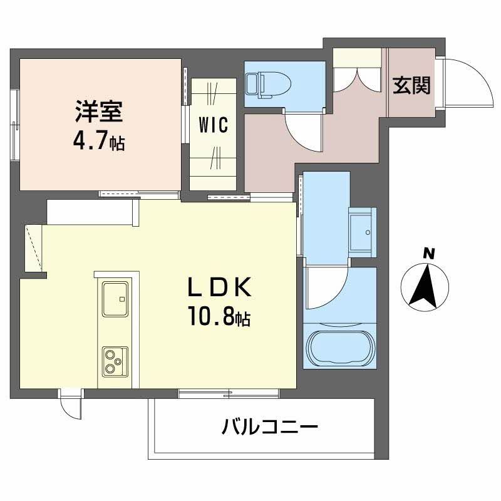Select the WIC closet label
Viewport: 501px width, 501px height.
pyautogui.click(x=213, y=124)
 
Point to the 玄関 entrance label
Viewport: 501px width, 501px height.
pyautogui.click(x=411, y=85)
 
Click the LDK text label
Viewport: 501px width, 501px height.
pyautogui.click(x=220, y=287)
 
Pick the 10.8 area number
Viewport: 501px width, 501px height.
pyautogui.click(x=212, y=319)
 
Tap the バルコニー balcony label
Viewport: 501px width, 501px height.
pyautogui.click(x=270, y=429)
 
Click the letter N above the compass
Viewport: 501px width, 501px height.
pyautogui.click(x=428, y=254)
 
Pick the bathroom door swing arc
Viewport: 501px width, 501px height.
pyautogui.click(x=328, y=286)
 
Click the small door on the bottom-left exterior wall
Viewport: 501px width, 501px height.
pyautogui.click(x=71, y=407)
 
